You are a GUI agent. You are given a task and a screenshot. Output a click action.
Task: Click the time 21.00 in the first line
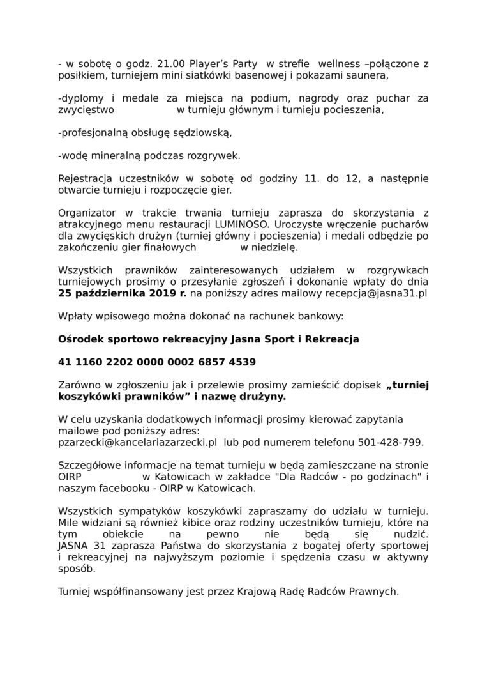165,64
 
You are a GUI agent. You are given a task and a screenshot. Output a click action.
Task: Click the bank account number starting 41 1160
156,362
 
